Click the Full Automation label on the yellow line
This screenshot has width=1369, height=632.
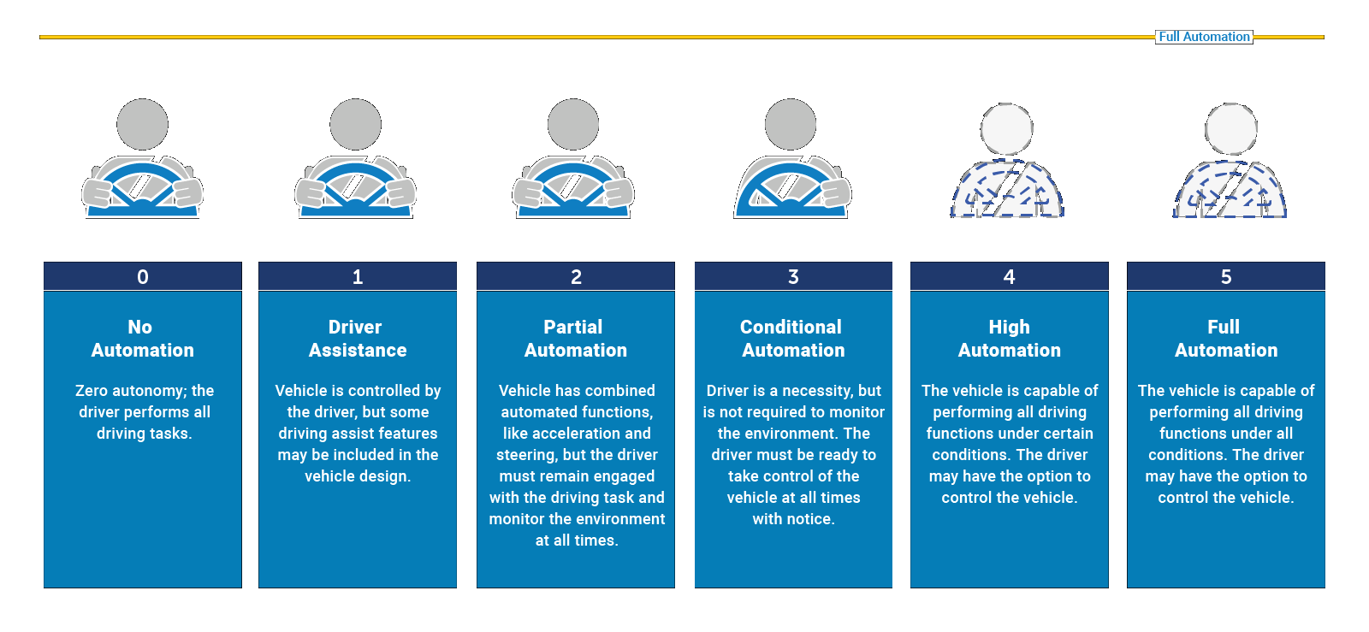(x=1204, y=37)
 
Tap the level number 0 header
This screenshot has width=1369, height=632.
(x=143, y=277)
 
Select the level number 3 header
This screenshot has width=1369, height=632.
(x=793, y=277)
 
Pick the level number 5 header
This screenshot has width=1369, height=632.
(x=1226, y=277)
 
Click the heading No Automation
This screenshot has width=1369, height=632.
(x=142, y=339)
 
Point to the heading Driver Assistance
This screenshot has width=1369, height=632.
(x=358, y=339)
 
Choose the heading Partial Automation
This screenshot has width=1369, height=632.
(x=575, y=339)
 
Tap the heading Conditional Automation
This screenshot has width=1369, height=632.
(x=792, y=339)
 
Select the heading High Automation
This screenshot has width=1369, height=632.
(x=1010, y=339)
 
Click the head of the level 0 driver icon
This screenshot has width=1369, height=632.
(x=143, y=125)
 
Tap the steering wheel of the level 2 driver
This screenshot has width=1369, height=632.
(x=572, y=188)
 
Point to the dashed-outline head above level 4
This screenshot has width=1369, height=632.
(x=1007, y=129)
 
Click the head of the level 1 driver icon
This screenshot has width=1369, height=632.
(x=356, y=125)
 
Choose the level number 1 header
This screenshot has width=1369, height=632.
(x=358, y=277)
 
